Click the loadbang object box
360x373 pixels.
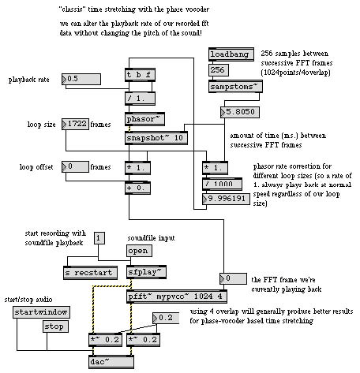click(231, 54)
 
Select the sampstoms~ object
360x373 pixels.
click(235, 87)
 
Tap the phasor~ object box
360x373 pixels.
click(144, 119)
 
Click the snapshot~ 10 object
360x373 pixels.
click(156, 138)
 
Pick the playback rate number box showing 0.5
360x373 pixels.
click(81, 79)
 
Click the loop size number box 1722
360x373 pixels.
click(75, 124)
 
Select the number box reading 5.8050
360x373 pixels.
click(240, 112)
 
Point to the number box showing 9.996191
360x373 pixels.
click(226, 199)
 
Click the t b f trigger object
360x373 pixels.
click(140, 75)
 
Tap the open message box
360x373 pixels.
click(139, 251)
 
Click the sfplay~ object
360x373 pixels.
click(146, 272)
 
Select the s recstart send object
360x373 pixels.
click(90, 273)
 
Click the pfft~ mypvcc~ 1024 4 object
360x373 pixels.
click(177, 297)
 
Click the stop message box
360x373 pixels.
click(55, 326)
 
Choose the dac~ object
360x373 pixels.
click(111, 362)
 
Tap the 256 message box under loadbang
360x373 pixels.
click(219, 70)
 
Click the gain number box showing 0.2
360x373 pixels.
click(166, 318)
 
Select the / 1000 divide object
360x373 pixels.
click(222, 184)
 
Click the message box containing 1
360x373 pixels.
click(99, 238)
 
